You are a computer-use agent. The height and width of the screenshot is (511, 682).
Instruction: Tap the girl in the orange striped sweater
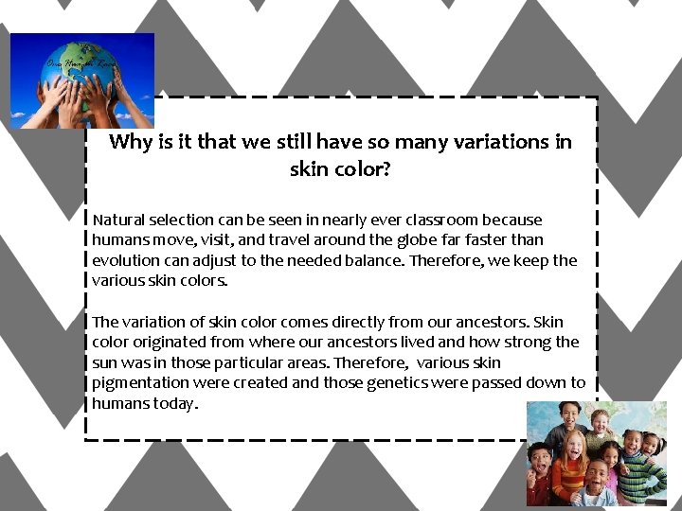[x=569, y=465]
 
